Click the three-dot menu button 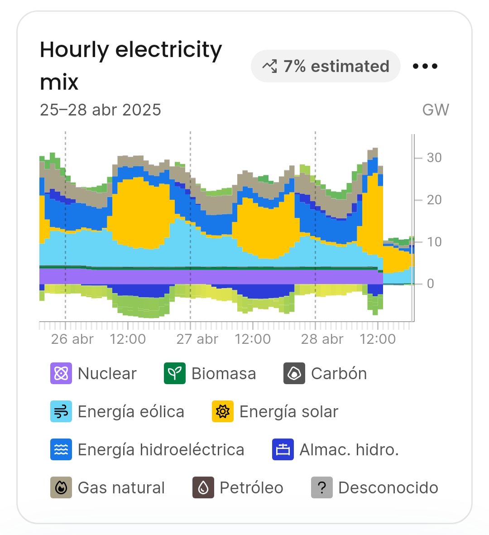click(x=425, y=66)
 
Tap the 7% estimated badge click(x=326, y=66)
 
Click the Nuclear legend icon click(x=61, y=374)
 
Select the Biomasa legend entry click(x=210, y=374)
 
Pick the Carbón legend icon click(x=294, y=374)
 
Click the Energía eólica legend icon click(x=61, y=412)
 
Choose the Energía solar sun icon click(x=223, y=412)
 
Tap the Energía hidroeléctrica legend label click(x=161, y=450)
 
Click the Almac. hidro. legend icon click(x=283, y=450)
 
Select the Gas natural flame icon click(x=61, y=488)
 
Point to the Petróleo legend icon click(x=203, y=488)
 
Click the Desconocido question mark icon click(x=322, y=488)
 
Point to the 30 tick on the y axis click(x=434, y=158)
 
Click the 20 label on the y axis click(x=434, y=200)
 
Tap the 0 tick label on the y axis click(x=431, y=284)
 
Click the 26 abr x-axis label click(x=72, y=339)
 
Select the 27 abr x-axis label click(x=197, y=339)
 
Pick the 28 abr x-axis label click(x=322, y=339)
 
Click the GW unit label click(x=436, y=110)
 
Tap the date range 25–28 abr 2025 click(x=101, y=110)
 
